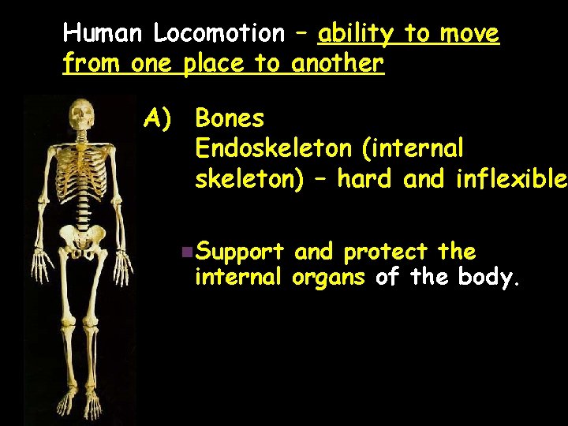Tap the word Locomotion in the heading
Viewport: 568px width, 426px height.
219,34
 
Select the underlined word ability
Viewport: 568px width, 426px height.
357,34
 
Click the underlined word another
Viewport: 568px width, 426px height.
338,64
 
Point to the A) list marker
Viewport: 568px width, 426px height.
157,119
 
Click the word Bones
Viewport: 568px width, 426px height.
230,119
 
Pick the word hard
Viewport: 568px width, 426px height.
368,179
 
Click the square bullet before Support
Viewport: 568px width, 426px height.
185,252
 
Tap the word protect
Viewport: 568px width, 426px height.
387,252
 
